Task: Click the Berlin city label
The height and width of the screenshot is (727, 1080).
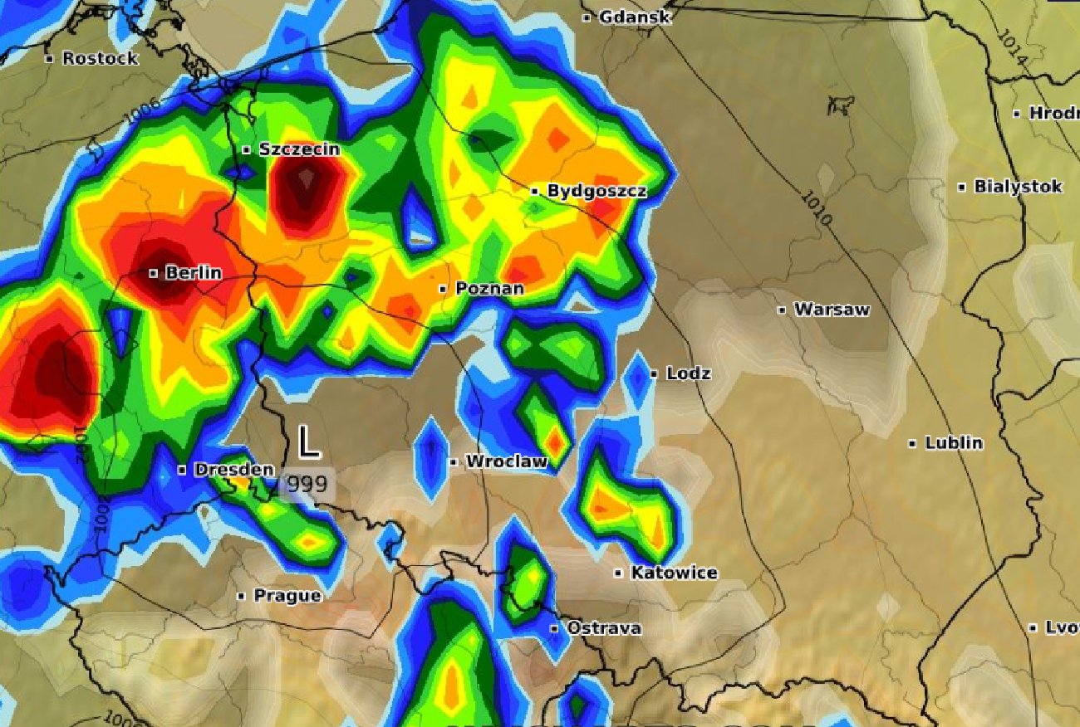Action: tap(194, 273)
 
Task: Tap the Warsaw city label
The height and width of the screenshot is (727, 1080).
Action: tap(832, 310)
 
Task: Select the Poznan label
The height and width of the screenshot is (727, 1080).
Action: tap(489, 289)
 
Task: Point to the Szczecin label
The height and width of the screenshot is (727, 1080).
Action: tap(299, 149)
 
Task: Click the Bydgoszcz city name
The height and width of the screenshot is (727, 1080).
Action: tap(596, 191)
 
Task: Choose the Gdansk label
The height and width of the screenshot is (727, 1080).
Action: tap(634, 17)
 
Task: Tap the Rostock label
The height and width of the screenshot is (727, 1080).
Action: tap(100, 58)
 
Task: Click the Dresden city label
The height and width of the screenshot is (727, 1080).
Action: tap(233, 470)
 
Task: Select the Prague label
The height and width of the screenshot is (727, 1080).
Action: tap(287, 596)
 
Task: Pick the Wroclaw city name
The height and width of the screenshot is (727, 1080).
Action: tap(506, 461)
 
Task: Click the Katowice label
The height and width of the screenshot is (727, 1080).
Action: tap(674, 573)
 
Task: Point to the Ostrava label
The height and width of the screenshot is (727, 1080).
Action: tap(604, 628)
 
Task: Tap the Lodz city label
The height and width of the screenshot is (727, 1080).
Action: tap(688, 374)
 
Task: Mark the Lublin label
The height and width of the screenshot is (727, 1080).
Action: tap(954, 443)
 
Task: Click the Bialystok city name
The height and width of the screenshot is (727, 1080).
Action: tap(1018, 187)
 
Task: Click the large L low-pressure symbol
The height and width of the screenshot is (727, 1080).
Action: tap(308, 442)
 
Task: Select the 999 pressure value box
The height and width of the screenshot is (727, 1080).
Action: tap(307, 484)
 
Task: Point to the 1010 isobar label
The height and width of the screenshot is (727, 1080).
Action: tap(817, 209)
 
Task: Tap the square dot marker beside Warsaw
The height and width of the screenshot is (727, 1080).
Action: tap(782, 310)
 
